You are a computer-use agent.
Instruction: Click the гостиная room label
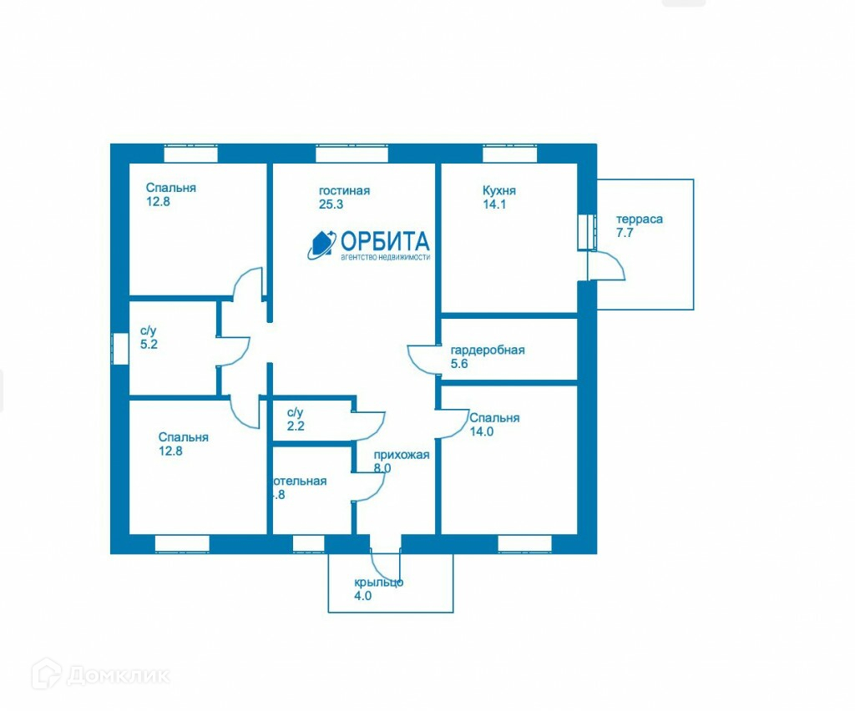pyautogui.click(x=344, y=191)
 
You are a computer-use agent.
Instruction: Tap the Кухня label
pyautogui.click(x=499, y=190)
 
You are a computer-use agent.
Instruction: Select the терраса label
pyautogui.click(x=640, y=219)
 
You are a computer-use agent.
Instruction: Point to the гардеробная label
pyautogui.click(x=488, y=350)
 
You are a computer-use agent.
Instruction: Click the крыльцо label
pyautogui.click(x=378, y=582)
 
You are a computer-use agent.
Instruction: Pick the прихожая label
pyautogui.click(x=402, y=455)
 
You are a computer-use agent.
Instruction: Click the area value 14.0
pyautogui.click(x=482, y=431)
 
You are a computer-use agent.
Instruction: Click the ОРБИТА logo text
pyautogui.click(x=385, y=242)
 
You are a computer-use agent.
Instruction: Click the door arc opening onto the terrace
pyautogui.click(x=608, y=265)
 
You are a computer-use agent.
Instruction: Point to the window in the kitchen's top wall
pyautogui.click(x=509, y=154)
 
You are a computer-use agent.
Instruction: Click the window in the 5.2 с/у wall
pyautogui.click(x=120, y=348)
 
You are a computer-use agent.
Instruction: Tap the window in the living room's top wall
pyautogui.click(x=352, y=154)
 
